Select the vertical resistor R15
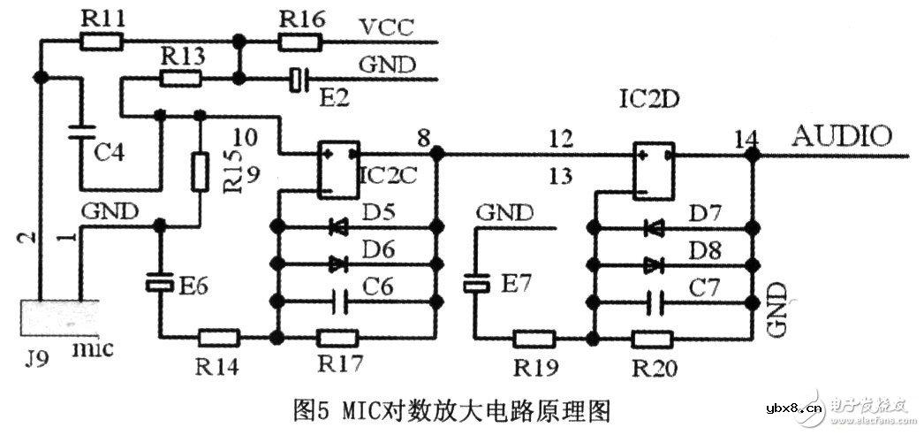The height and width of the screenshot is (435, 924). point(200,170)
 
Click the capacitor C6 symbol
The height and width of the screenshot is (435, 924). point(337,301)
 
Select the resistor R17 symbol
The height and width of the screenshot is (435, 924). point(337,338)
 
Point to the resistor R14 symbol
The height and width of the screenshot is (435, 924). point(218,338)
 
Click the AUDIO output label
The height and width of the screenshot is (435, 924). point(842,137)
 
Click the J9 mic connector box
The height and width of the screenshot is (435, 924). point(53,317)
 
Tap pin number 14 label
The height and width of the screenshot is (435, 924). point(746,139)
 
